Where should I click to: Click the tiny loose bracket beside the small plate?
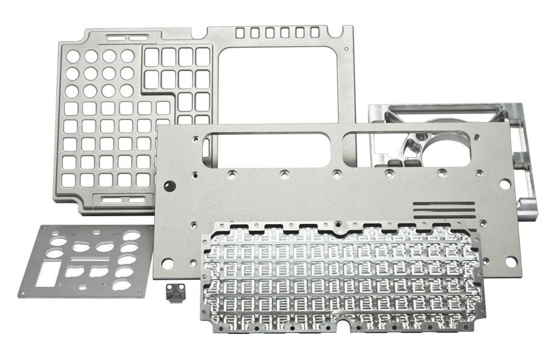click(174, 294)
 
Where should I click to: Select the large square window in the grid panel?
click(278, 85)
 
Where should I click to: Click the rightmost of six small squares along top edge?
click(314, 32)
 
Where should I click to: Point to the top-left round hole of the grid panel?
click(73, 57)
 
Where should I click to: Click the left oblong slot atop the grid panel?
click(116, 38)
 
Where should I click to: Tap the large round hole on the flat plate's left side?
click(170, 185)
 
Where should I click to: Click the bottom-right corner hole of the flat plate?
click(511, 262)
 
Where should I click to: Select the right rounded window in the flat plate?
click(409, 149)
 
